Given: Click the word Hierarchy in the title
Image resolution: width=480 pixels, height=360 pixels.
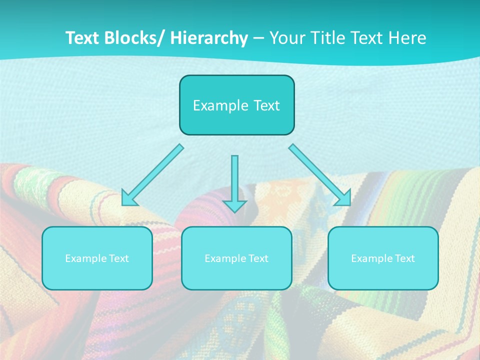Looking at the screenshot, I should coord(208,38).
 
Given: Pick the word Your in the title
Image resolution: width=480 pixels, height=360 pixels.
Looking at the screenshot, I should coord(288,38).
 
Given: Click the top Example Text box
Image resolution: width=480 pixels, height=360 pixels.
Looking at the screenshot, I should coord(236,105).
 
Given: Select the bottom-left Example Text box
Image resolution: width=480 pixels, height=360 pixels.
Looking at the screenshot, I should coord(97,258).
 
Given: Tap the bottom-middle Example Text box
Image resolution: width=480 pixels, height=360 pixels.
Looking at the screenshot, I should coord(236,258).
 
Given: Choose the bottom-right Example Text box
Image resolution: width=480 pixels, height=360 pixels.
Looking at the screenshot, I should coord(383,258).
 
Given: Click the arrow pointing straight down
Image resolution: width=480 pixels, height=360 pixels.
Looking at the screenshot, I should coord(234,180).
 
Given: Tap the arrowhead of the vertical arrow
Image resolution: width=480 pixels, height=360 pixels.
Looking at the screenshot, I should coord(234,206).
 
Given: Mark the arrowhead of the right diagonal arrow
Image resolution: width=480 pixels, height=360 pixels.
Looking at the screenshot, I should coord(343,198).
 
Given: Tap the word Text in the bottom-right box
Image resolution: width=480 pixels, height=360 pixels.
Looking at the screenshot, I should coord(405,258).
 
